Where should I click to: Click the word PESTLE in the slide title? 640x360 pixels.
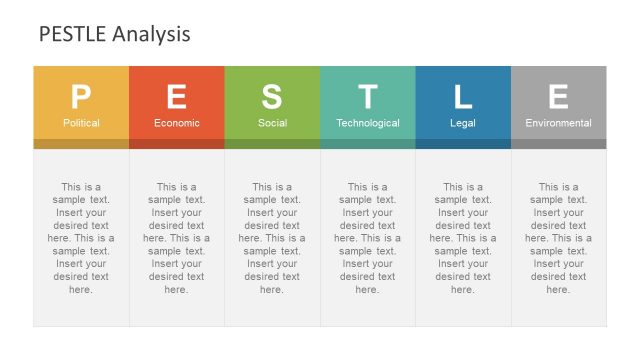[x=72, y=35]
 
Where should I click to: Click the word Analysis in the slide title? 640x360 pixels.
[x=151, y=35]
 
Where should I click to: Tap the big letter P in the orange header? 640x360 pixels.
[x=81, y=97]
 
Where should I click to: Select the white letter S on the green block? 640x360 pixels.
[x=272, y=97]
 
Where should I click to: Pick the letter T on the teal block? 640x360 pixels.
[x=368, y=97]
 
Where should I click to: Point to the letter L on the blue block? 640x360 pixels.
[x=463, y=97]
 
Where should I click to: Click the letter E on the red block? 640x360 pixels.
[x=176, y=97]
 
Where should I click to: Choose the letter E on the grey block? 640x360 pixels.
[x=558, y=97]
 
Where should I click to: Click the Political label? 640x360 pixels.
[x=81, y=123]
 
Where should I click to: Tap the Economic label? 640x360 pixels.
[x=176, y=123]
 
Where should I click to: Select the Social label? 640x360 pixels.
[x=272, y=123]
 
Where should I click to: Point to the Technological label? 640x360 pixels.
[x=368, y=123]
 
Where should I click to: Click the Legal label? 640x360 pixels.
[x=463, y=123]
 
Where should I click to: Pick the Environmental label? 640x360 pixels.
[x=558, y=123]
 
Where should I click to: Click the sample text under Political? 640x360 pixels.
[x=81, y=238]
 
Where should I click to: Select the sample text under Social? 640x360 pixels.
[x=272, y=238]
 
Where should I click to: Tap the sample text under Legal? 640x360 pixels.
[x=463, y=238]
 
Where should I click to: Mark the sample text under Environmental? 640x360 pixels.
[x=558, y=238]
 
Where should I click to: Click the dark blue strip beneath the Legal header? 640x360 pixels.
[x=463, y=144]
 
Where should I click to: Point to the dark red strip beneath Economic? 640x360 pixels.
[x=176, y=144]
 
